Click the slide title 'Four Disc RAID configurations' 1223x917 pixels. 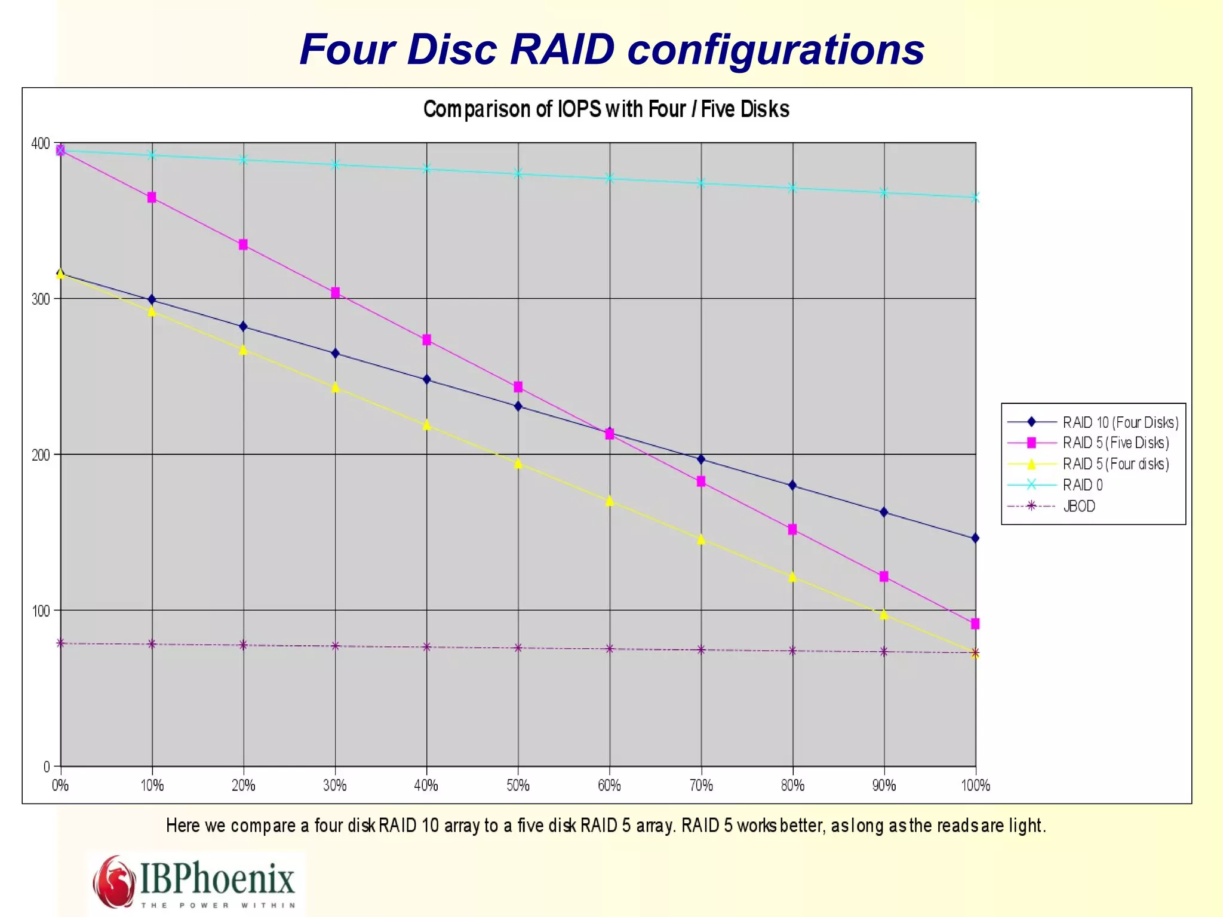pos(611,49)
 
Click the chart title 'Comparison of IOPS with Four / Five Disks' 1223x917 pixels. pos(606,109)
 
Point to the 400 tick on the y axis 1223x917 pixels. pos(41,143)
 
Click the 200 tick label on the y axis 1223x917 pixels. pos(41,455)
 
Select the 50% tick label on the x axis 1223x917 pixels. pos(518,786)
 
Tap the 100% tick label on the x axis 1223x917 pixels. pos(975,786)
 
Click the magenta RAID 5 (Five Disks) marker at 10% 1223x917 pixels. pos(152,198)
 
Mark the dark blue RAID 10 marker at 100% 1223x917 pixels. pos(975,538)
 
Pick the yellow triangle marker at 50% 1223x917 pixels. pos(518,463)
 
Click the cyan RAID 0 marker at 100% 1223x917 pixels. pos(975,198)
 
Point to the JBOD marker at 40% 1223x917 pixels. pos(426,647)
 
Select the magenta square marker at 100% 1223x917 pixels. pos(975,624)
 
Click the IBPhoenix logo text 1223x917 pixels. pos(217,878)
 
